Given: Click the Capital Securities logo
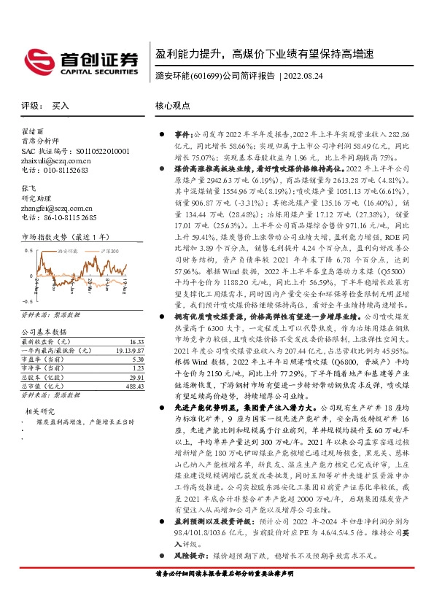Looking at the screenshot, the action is tap(81, 60).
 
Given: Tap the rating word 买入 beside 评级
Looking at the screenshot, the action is tap(60, 106).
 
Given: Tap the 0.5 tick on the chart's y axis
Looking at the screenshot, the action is tap(28, 250).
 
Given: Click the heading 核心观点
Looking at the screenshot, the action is tap(172, 106).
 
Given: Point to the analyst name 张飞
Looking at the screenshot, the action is tap(28, 187).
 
